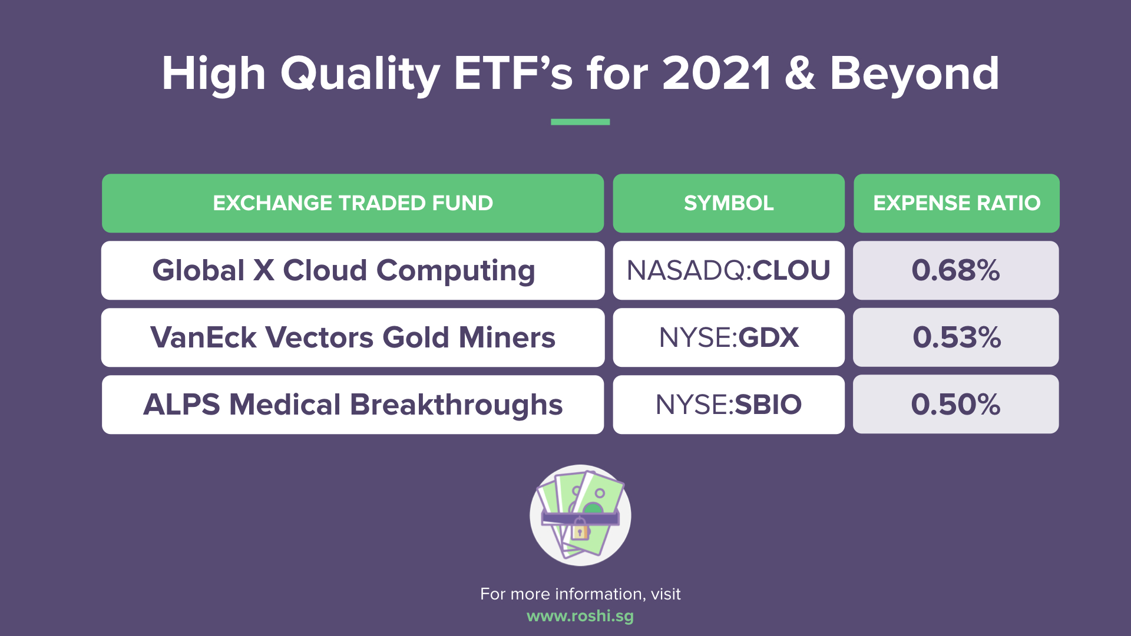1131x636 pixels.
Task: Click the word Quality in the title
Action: pos(359,75)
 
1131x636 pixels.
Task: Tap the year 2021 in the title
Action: pos(716,74)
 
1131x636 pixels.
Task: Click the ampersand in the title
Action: pos(800,74)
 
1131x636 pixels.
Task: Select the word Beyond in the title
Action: pos(914,75)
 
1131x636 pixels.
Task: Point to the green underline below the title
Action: pos(580,122)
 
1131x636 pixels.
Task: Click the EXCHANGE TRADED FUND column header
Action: pos(353,203)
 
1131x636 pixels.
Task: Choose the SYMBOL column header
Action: pos(729,203)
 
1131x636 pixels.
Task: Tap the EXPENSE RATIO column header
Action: pos(957,203)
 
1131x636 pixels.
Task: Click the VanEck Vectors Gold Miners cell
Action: pos(353,337)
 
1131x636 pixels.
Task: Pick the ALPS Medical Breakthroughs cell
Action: pos(353,405)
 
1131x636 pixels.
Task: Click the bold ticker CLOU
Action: pos(791,270)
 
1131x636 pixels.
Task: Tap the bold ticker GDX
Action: pos(769,337)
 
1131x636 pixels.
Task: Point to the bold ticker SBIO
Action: pos(768,405)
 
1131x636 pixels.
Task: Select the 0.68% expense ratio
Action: pos(956,270)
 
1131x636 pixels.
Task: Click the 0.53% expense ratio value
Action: pos(957,337)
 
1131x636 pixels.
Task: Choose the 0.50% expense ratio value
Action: pos(956,405)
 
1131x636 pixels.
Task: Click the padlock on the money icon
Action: pos(580,530)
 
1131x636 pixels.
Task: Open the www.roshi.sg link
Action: pos(580,616)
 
